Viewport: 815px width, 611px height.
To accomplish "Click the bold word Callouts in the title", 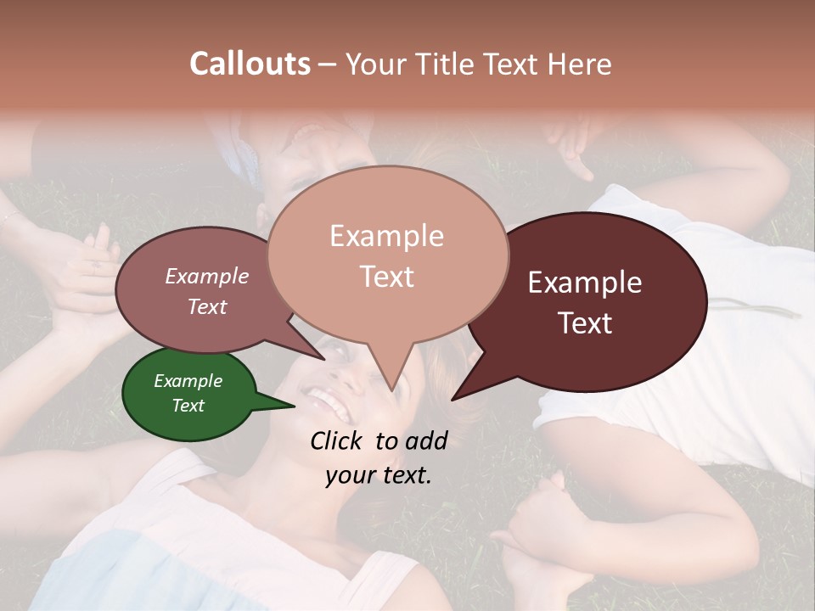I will pyautogui.click(x=250, y=64).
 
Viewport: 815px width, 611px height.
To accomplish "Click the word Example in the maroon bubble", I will pyautogui.click(x=585, y=283).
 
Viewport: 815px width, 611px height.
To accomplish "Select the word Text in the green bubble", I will pyautogui.click(x=188, y=406).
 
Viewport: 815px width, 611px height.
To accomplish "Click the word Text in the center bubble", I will pyautogui.click(x=387, y=277).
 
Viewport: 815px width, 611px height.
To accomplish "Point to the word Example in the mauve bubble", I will pyautogui.click(x=207, y=276).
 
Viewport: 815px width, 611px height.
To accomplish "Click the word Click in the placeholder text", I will pyautogui.click(x=338, y=440).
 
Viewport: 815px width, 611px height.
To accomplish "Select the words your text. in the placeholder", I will pyautogui.click(x=379, y=475).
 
